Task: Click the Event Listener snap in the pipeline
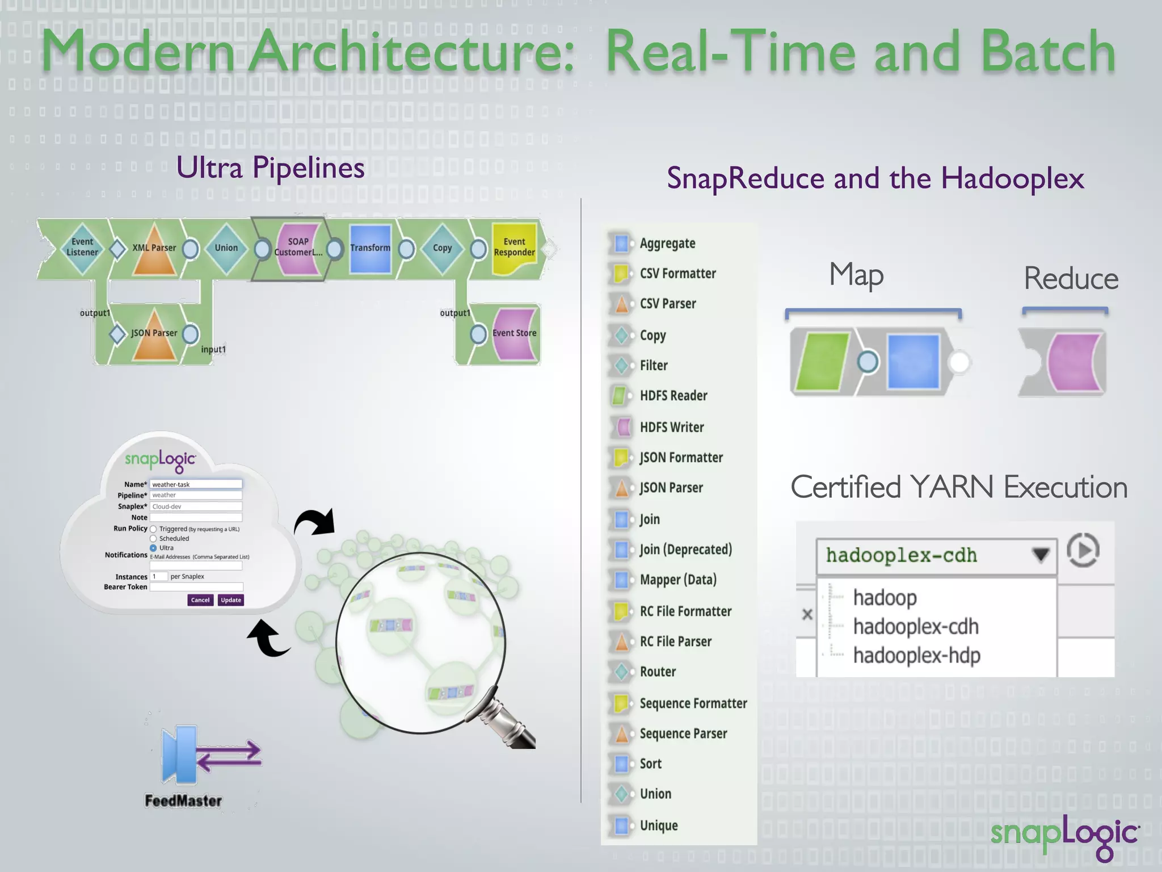tap(82, 248)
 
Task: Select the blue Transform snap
tap(370, 249)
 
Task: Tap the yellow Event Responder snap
tap(514, 248)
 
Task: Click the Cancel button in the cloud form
tap(200, 600)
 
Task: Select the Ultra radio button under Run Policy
tap(153, 548)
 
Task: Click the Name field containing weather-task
tap(196, 484)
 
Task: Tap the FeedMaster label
tap(183, 801)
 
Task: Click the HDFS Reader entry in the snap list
tap(673, 396)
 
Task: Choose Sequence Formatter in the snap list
tap(693, 703)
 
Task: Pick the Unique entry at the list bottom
tap(658, 825)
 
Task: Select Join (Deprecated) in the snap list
tap(685, 550)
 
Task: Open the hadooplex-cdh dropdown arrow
tap(1040, 555)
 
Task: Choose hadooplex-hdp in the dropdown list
tap(916, 656)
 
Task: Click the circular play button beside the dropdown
tap(1083, 550)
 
